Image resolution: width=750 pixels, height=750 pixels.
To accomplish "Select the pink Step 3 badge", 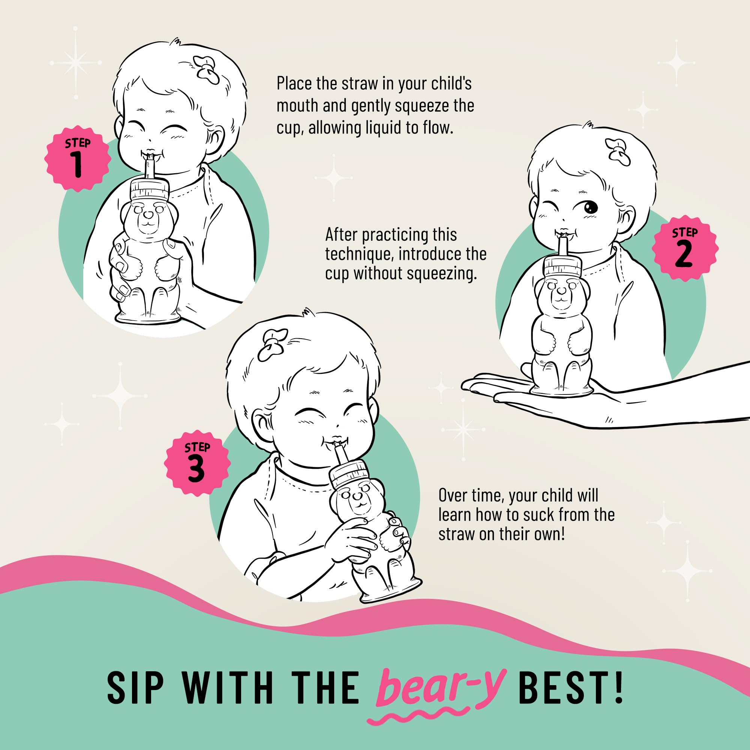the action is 197,463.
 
